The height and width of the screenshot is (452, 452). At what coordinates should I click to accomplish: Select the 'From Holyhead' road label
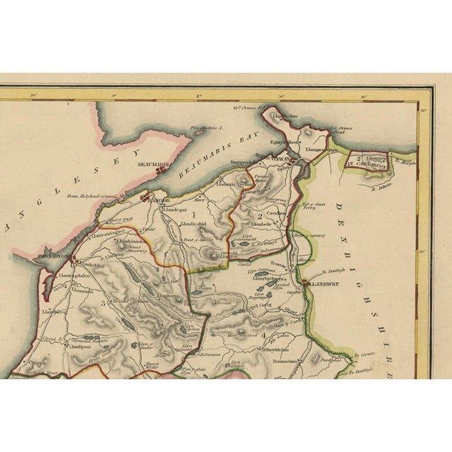(x=82, y=198)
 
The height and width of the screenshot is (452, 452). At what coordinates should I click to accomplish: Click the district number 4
(x=263, y=334)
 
